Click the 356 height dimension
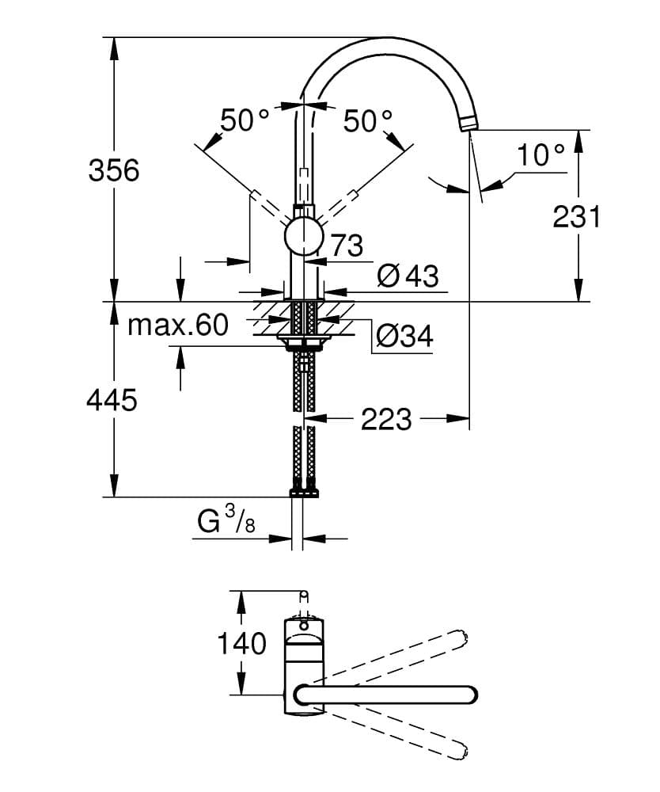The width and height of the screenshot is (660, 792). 113,169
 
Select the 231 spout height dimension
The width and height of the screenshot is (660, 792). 577,215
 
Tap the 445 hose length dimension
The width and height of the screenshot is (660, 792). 112,400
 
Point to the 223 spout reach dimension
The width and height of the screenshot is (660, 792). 386,419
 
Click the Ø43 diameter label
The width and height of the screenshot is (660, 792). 407,276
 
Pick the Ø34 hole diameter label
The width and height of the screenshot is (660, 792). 404,337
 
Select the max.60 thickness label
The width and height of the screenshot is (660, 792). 177,324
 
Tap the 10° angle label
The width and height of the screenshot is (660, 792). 541,155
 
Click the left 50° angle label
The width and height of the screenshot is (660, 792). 245,121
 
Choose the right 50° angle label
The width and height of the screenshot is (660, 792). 368,121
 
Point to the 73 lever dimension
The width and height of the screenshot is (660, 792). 345,246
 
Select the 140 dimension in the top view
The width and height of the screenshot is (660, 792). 242,643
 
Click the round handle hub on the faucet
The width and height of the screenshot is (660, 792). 304,237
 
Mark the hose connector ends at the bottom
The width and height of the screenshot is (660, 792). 304,492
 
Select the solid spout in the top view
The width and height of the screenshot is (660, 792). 388,695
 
